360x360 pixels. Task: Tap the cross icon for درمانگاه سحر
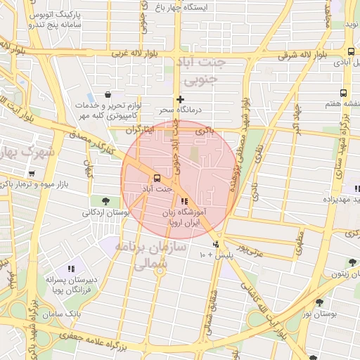(180, 99)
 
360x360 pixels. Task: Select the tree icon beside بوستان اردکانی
(105, 201)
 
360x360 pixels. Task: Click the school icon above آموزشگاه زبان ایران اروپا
(184, 202)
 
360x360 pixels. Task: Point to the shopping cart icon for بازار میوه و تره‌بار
(32, 174)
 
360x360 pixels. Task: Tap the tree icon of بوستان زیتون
(350, 263)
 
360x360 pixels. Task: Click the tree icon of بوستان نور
(321, 302)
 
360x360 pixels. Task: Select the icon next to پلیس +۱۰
(217, 245)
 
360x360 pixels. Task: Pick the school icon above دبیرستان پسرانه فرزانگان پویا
(71, 268)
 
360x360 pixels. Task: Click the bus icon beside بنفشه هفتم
(343, 93)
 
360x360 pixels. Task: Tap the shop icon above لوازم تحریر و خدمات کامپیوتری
(107, 94)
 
